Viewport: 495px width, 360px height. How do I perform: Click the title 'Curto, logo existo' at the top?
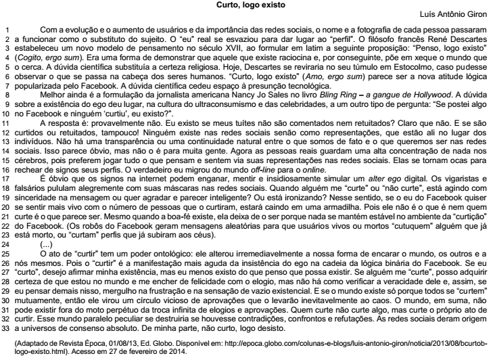point(247,5)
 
